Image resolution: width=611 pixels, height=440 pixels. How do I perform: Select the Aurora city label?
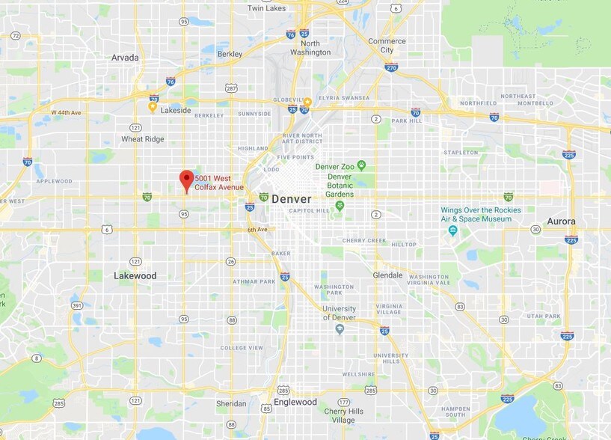click(561, 221)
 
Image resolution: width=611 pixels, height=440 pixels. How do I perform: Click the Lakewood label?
click(135, 275)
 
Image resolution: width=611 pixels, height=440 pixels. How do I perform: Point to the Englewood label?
click(295, 402)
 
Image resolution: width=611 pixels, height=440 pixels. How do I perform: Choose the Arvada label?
click(125, 58)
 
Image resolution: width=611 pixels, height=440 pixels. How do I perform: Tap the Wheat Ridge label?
click(143, 138)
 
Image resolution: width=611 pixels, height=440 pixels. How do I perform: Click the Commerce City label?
click(387, 46)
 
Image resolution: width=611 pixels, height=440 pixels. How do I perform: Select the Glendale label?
click(388, 275)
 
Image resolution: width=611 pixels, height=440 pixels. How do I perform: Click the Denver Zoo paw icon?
click(361, 165)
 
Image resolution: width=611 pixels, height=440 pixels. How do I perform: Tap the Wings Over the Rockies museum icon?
click(452, 230)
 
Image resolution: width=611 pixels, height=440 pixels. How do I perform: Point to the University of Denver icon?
click(340, 329)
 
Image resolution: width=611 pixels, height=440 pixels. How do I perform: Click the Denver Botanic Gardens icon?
click(339, 205)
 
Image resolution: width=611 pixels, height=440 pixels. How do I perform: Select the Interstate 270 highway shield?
click(391, 67)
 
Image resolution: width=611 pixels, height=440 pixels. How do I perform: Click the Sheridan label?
click(230, 403)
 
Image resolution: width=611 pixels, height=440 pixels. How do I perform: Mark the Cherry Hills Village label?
click(344, 416)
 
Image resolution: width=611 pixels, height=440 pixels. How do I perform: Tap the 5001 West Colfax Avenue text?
click(219, 182)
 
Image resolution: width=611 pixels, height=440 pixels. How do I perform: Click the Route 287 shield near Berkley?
click(231, 88)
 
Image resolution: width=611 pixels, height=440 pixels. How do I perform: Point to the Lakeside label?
click(176, 110)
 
